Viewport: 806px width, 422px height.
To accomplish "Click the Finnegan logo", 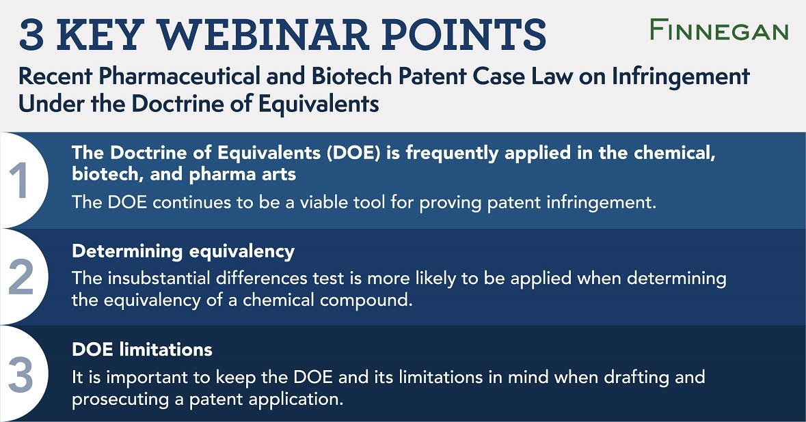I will tap(718, 30).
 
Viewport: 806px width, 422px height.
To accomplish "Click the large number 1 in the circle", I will tap(21, 180).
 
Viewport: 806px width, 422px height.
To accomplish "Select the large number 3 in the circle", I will tap(21, 374).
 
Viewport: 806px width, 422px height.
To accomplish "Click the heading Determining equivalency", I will tap(183, 251).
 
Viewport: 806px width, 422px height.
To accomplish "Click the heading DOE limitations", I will tap(142, 350).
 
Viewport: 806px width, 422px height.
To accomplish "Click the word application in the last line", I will tap(295, 398).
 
